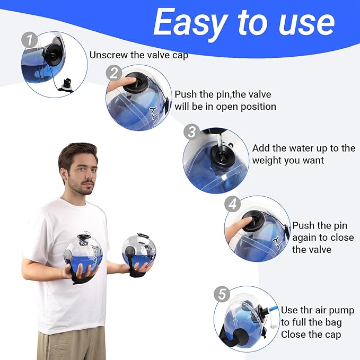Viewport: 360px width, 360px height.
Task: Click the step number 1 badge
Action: coord(29,40)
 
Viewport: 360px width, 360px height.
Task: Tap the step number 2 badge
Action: coord(114,73)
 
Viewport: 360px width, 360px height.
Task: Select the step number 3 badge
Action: coord(192,132)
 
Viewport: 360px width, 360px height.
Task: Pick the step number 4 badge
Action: coord(232,204)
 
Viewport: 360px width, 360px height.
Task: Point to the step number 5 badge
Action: coord(222,294)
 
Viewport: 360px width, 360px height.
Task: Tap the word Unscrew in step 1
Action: coord(109,55)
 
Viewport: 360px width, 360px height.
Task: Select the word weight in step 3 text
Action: coord(266,160)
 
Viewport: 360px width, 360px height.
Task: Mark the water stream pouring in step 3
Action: coord(220,142)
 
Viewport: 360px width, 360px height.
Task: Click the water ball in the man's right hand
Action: coord(83,255)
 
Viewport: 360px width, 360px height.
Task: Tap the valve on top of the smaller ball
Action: coord(142,235)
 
